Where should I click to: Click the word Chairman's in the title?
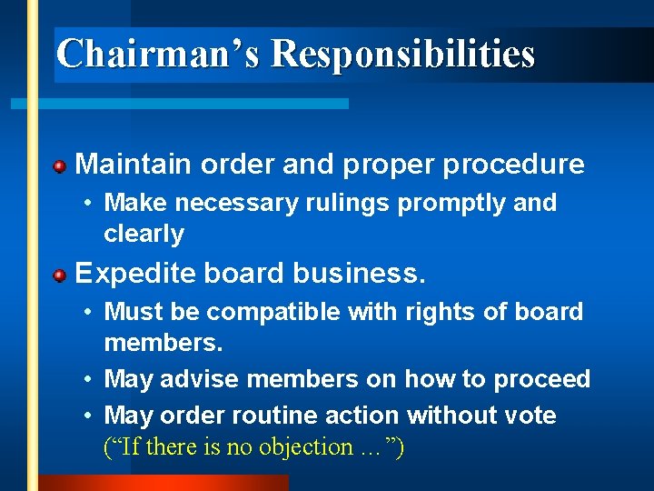pos(158,54)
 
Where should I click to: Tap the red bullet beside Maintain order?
pos(59,166)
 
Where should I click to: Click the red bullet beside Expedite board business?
pos(59,275)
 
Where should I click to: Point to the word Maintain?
pos(134,165)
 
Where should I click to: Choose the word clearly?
pos(144,234)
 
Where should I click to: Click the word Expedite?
pos(135,273)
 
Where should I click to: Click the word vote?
pos(530,416)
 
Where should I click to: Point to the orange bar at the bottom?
pos(163,483)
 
